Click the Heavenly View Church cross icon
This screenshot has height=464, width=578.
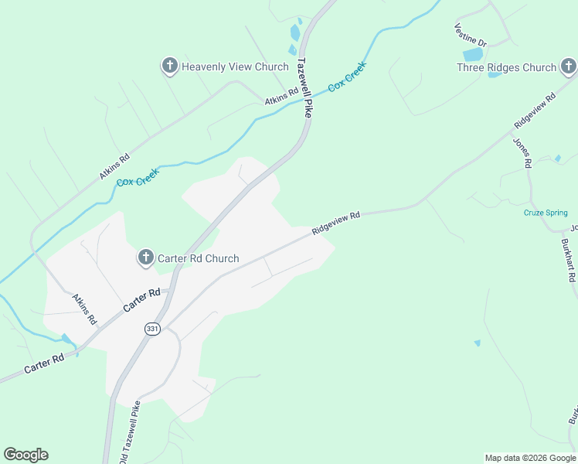(x=170, y=67)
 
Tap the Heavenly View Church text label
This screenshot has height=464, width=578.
(x=235, y=67)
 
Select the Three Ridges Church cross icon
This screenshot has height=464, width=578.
(x=568, y=67)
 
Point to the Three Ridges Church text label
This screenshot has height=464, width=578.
(x=506, y=68)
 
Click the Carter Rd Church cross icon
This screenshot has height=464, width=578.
(x=146, y=258)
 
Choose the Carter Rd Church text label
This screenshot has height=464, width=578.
(x=199, y=259)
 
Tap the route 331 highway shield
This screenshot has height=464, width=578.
(x=151, y=329)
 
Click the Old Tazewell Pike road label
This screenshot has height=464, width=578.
(x=129, y=432)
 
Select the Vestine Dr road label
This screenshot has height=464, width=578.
(x=470, y=33)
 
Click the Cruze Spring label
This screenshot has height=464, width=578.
(x=546, y=213)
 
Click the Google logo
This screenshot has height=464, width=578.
(x=25, y=455)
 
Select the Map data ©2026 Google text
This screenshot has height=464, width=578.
(x=531, y=458)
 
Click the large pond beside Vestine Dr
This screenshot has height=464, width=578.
(x=472, y=55)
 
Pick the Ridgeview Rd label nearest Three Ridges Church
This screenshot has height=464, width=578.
(x=535, y=112)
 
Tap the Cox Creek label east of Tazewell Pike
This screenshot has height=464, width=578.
(x=347, y=77)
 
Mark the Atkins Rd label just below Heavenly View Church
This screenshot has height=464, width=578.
(x=280, y=97)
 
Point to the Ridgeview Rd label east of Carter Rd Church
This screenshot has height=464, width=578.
(x=337, y=224)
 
